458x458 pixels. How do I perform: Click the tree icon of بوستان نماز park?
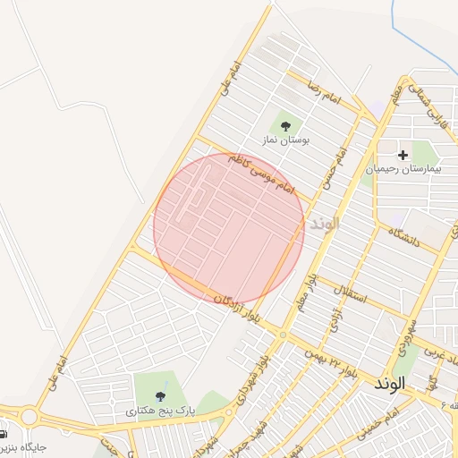point(286,126)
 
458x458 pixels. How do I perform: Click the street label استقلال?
point(350,293)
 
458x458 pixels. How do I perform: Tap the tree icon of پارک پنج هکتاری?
point(160,395)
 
